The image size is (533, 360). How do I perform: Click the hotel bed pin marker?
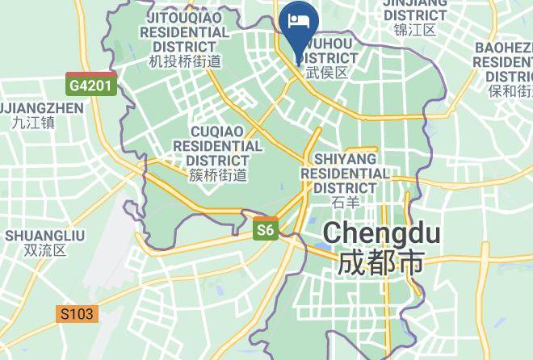pyautogui.click(x=299, y=21)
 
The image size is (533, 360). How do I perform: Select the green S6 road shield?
pyautogui.click(x=266, y=231)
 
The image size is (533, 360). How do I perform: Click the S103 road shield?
pyautogui.click(x=78, y=314)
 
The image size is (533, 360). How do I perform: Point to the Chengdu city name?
pyautogui.click(x=382, y=233)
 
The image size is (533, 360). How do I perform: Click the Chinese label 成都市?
pyautogui.click(x=382, y=263)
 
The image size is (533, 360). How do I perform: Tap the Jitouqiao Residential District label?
pyautogui.click(x=185, y=31)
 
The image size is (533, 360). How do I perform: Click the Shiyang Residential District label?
pyautogui.click(x=345, y=173)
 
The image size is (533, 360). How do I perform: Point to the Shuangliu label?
pyautogui.click(x=45, y=235)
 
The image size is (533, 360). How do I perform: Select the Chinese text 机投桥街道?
pyautogui.click(x=185, y=61)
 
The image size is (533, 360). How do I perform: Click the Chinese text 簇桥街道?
pyautogui.click(x=218, y=174)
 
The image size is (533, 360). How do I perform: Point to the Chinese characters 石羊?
pyautogui.click(x=345, y=202)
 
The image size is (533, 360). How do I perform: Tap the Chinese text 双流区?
pyautogui.click(x=45, y=250)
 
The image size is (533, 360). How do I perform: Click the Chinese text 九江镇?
pyautogui.click(x=33, y=123)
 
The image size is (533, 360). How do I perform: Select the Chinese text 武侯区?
pyautogui.click(x=326, y=73)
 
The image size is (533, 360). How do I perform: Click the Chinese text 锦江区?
pyautogui.click(x=414, y=30)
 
